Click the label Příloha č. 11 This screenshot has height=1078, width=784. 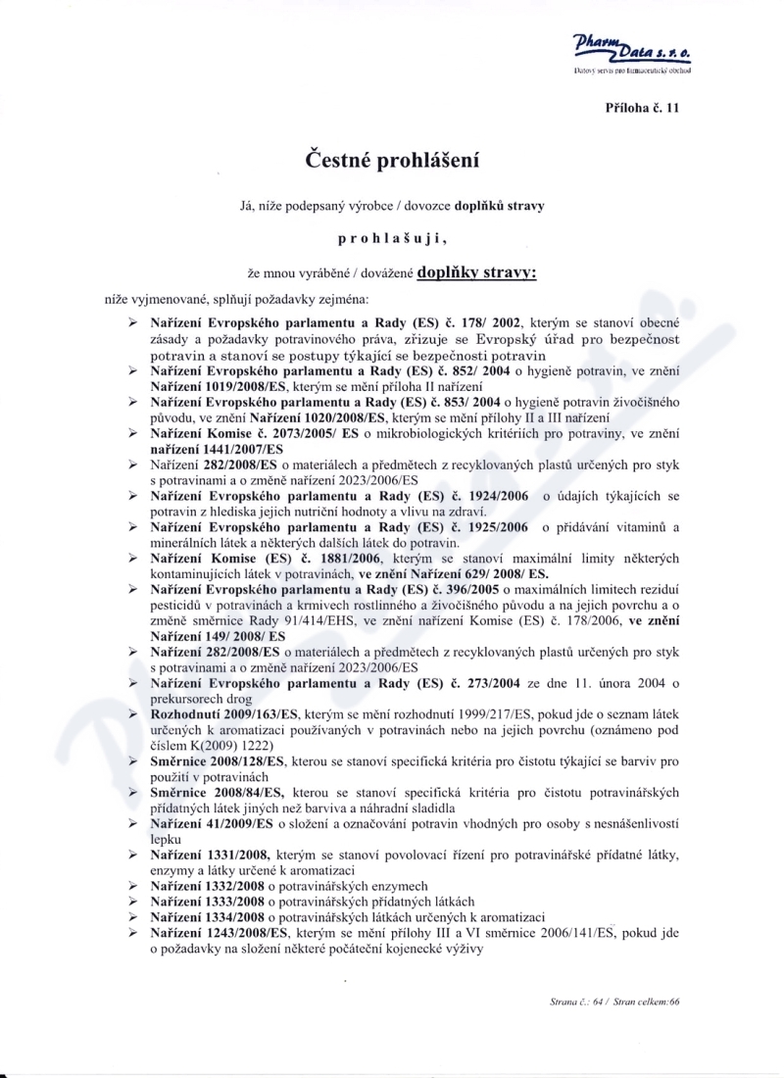[642, 108]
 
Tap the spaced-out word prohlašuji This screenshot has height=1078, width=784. [391, 237]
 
